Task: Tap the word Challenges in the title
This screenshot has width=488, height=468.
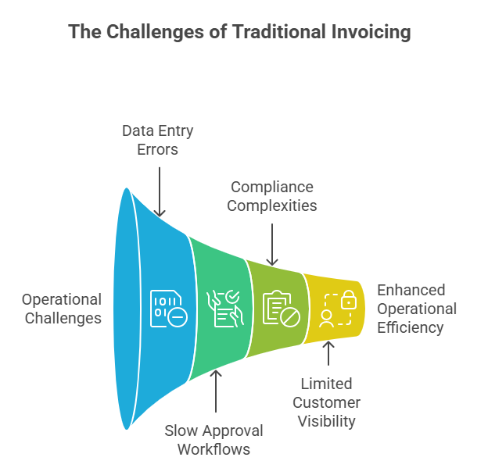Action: click(x=149, y=32)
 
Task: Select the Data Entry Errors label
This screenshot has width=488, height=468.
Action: click(x=158, y=139)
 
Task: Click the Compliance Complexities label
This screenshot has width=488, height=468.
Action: click(x=272, y=196)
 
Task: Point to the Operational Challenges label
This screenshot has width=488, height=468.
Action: click(x=62, y=309)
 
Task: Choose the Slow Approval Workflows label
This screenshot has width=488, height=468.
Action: click(x=213, y=440)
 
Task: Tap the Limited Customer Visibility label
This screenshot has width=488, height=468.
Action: click(x=326, y=402)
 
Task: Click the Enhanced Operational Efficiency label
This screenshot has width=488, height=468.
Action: click(x=417, y=309)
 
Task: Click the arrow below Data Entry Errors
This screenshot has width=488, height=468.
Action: click(x=160, y=187)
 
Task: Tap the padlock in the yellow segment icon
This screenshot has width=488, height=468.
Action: click(x=348, y=300)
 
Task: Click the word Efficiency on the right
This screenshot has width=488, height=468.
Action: click(x=411, y=327)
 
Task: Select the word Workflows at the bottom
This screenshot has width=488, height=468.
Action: click(x=213, y=449)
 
